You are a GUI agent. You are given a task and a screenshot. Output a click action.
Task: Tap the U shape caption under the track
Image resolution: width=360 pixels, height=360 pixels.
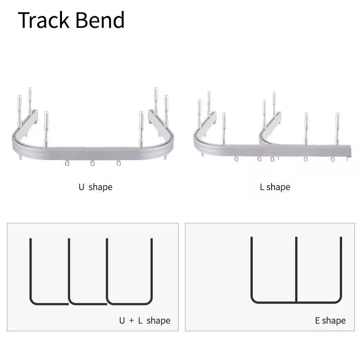(95, 187)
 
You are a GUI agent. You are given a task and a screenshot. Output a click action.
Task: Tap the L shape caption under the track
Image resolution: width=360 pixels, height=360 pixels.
(275, 187)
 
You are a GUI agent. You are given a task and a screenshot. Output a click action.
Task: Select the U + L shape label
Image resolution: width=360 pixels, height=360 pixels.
(144, 320)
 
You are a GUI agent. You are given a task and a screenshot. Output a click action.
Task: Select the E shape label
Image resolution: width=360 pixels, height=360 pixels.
(330, 320)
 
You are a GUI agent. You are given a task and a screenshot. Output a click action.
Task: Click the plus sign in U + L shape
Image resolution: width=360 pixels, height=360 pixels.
(131, 321)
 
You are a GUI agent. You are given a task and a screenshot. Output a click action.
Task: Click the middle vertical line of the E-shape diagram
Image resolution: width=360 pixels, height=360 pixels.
(296, 269)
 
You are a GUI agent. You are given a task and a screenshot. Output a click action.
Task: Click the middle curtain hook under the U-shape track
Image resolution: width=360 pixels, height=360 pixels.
(92, 163)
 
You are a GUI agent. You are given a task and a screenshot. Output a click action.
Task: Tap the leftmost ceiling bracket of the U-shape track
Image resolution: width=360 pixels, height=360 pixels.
(20, 109)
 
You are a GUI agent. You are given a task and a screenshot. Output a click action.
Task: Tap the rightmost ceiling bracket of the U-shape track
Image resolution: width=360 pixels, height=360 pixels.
(166, 109)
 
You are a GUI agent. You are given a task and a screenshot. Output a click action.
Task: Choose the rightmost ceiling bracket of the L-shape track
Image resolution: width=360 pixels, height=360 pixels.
(337, 128)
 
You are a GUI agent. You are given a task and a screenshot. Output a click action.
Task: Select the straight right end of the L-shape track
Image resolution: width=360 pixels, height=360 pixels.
(349, 150)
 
